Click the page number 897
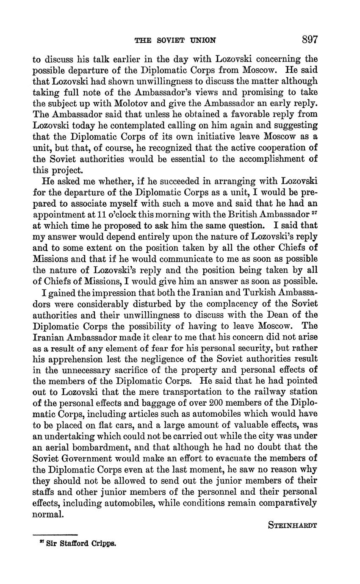click(310, 40)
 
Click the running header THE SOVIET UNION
click(175, 41)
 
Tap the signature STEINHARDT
click(293, 526)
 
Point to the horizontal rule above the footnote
click(55, 535)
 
